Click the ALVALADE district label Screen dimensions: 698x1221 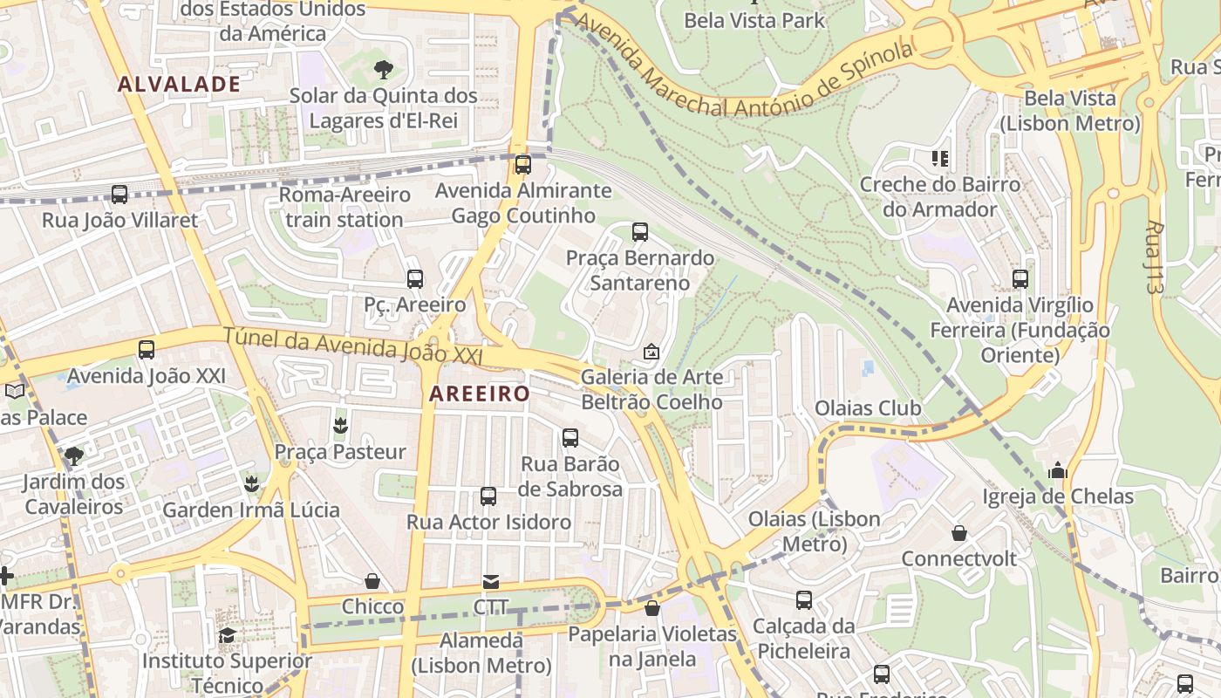179,85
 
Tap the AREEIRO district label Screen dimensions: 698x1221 480,394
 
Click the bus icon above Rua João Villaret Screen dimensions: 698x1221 119,195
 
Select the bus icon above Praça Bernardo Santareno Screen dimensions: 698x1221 640,232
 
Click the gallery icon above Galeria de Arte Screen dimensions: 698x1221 651,352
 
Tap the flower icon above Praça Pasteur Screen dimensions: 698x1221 340,426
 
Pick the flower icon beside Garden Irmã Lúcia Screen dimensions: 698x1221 252,483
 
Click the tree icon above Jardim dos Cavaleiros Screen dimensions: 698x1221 74,455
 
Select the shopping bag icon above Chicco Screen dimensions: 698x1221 372,581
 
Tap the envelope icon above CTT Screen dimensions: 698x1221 491,582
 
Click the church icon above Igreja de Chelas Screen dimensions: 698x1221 1058,471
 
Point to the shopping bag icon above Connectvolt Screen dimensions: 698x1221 959,533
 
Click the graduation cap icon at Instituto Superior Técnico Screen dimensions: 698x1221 227,635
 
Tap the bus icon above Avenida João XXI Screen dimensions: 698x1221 147,350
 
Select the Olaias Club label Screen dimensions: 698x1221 868,408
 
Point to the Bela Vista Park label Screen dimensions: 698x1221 754,20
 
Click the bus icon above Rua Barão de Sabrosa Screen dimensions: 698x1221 570,438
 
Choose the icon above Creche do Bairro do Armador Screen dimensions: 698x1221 940,159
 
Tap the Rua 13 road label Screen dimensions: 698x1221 1155,256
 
